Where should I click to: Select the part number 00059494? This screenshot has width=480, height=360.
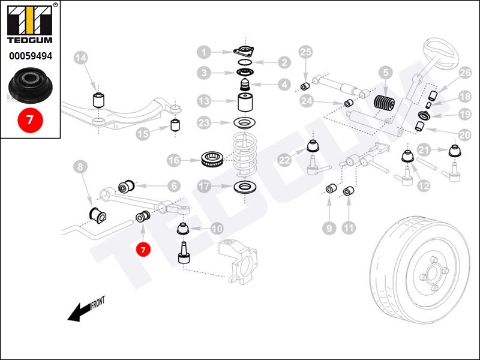coord(30,56)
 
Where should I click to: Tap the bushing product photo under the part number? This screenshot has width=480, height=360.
coord(30,83)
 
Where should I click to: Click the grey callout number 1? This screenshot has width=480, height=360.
coord(205,52)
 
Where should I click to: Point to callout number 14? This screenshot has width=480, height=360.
coord(81,58)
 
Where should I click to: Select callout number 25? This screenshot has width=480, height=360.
coord(306,52)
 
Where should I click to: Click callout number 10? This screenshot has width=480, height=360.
coord(217,228)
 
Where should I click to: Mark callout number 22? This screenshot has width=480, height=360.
coord(285,160)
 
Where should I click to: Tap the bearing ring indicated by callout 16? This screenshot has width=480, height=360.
coord(212,160)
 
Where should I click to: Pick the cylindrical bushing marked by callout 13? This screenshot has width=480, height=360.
coord(244,102)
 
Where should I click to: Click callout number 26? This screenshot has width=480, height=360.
coord(465,73)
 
